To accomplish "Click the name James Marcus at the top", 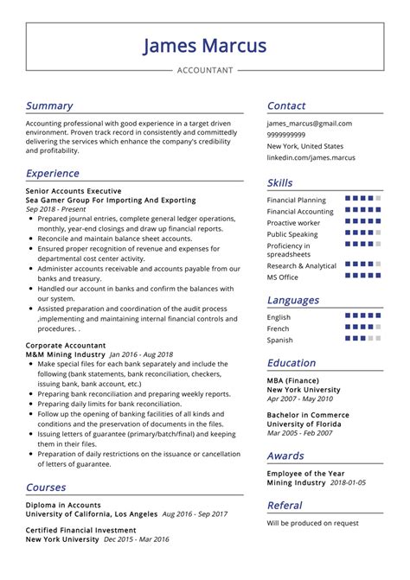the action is coord(204,45).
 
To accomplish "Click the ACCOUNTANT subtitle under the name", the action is coord(205,70).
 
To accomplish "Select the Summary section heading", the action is coord(49,105).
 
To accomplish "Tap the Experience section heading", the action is coord(53,173).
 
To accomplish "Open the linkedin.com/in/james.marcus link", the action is coord(311,157).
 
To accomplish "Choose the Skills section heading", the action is coord(280,182).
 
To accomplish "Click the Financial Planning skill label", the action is coord(297,200).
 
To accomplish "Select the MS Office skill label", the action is coord(283,277).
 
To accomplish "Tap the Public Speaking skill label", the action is coord(292,234).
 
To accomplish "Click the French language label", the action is coord(279,328).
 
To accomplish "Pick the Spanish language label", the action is coord(280,340).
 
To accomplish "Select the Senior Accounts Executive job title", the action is coord(74,190).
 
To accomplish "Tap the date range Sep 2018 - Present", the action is coord(57,209).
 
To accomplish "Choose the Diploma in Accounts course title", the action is coord(63,505).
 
